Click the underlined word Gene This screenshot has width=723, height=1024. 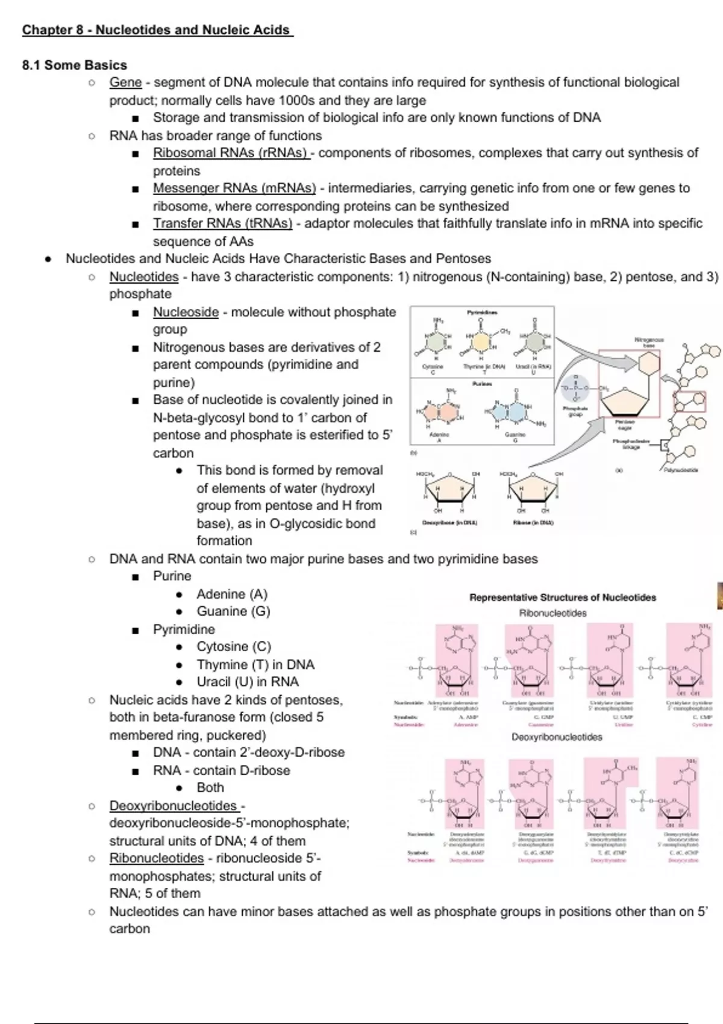coord(125,83)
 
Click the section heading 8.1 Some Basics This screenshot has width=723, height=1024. coord(75,65)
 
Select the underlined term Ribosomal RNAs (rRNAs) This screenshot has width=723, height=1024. coord(231,153)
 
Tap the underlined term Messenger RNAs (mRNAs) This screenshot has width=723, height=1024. coord(234,189)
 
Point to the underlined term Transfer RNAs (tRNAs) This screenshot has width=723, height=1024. coord(222,223)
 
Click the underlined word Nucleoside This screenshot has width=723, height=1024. coord(186,312)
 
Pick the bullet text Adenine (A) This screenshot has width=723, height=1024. coord(232,594)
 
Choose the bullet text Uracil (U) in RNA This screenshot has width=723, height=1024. coord(248,682)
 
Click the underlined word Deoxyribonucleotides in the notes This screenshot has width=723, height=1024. coord(174,806)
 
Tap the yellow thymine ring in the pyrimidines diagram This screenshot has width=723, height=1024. coord(481,343)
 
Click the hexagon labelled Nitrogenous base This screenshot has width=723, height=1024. coord(648,363)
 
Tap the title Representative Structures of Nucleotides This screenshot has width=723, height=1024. coord(563,598)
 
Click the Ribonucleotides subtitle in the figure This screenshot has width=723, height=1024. coord(552,613)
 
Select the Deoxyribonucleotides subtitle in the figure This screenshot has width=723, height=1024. coord(557,737)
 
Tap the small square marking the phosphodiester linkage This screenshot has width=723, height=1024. coord(665,446)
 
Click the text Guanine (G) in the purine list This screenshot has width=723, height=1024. coord(233,611)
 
